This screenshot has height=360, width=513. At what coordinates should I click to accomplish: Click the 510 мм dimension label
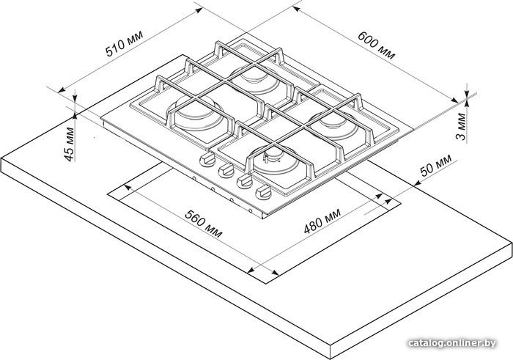tap(125, 44)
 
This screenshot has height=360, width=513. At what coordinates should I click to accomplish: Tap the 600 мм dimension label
tap(376, 45)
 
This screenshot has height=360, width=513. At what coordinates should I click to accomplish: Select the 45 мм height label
tap(69, 144)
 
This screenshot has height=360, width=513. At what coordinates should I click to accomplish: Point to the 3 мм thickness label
tap(461, 126)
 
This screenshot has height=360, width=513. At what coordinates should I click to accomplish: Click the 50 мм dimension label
tap(435, 165)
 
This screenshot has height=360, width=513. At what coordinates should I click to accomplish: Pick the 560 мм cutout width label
tap(204, 224)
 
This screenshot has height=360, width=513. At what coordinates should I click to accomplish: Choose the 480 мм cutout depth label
tap(322, 221)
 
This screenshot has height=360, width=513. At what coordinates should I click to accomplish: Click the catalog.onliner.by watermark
tap(452, 343)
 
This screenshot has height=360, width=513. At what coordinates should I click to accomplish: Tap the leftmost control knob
tap(207, 159)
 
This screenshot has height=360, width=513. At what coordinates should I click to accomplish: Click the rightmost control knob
tap(263, 192)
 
